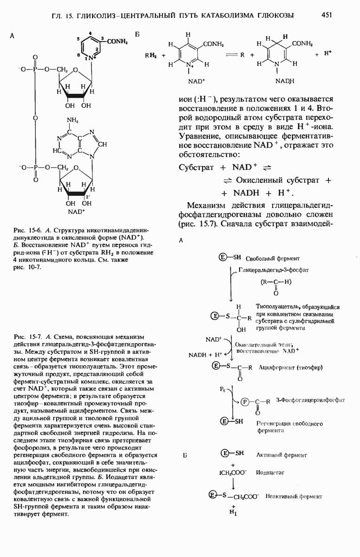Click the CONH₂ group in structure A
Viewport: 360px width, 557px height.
(x=117, y=41)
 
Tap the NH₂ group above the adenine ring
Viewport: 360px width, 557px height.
(x=72, y=121)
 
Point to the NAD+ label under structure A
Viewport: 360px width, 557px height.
(x=76, y=212)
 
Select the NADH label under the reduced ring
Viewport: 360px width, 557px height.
(x=282, y=81)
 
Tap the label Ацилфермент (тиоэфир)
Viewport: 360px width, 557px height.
(x=291, y=367)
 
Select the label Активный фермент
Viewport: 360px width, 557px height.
(x=281, y=455)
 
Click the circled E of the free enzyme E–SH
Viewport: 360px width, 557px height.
(x=223, y=258)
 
